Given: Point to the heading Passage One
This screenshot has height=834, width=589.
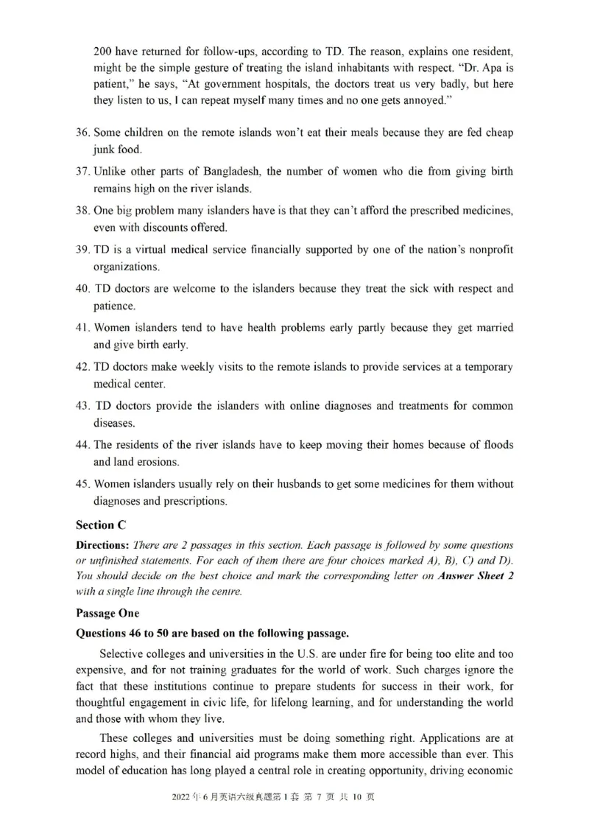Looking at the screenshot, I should (107, 613).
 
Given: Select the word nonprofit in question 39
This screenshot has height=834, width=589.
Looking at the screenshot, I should (487, 250).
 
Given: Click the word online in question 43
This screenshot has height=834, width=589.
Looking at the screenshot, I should (294, 406).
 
